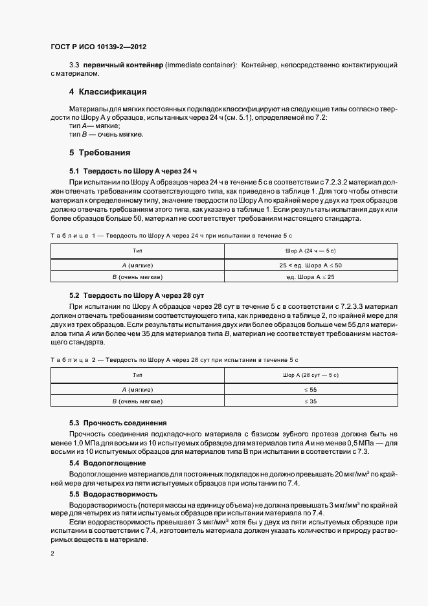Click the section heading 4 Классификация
pos(108,91)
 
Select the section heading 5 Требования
pos(100,153)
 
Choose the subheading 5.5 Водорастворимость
pos(111,494)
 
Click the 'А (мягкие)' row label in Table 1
pos(137,265)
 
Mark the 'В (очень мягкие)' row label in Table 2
pos(137,401)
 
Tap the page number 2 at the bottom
pos(52,554)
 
